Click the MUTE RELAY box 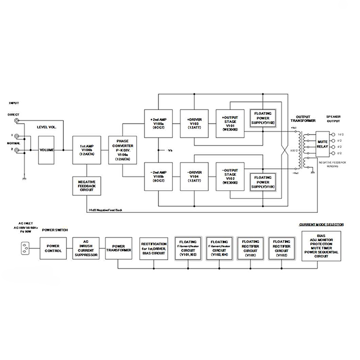(322, 143)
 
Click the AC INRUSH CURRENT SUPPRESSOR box (85, 248)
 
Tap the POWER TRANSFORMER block (118, 248)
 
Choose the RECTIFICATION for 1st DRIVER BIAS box (154, 248)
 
